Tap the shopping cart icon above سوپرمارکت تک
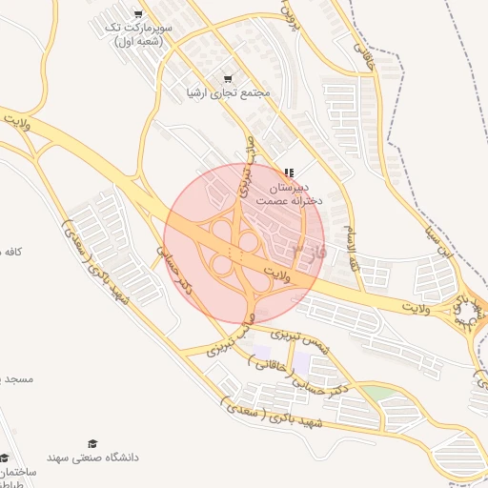click(x=139, y=14)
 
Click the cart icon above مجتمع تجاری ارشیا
click(x=227, y=78)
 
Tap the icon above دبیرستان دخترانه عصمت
click(x=289, y=173)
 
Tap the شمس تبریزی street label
click(x=299, y=338)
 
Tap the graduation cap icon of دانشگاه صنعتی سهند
click(x=92, y=444)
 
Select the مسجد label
click(x=16, y=378)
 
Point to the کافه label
click(x=11, y=251)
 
